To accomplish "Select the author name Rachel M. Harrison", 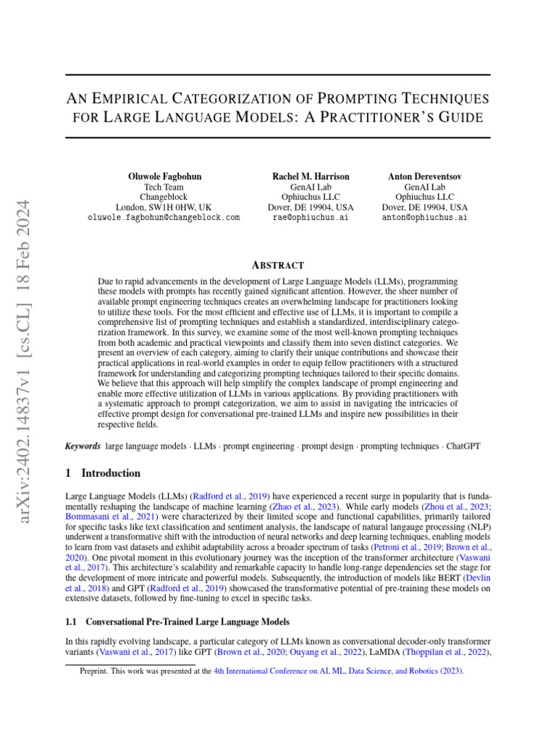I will pyautogui.click(x=311, y=176).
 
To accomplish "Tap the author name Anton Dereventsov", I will pyautogui.click(x=425, y=176).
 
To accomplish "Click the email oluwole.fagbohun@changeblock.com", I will pyautogui.click(x=163, y=217).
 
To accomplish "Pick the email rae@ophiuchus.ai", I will pyautogui.click(x=311, y=217).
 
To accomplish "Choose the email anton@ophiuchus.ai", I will pyautogui.click(x=425, y=217).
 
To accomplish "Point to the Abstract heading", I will pyautogui.click(x=278, y=266).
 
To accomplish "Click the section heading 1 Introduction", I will pyautogui.click(x=103, y=473).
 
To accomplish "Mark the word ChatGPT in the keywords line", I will pyautogui.click(x=461, y=447).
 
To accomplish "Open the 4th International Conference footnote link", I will pyautogui.click(x=339, y=671).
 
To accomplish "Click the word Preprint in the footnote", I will pyautogui.click(x=93, y=671).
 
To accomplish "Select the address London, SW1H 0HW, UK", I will pyautogui.click(x=163, y=207).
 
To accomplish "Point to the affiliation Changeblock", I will pyautogui.click(x=163, y=197).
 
